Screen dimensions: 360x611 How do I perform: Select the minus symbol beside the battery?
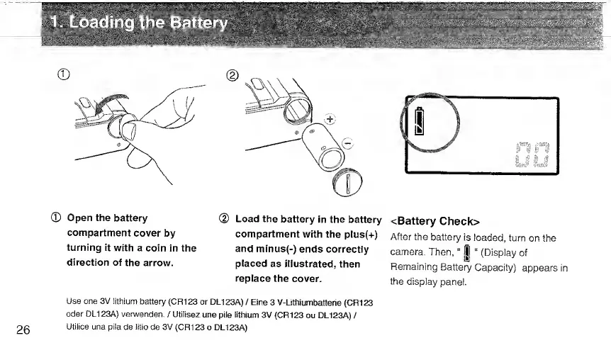pos(348,145)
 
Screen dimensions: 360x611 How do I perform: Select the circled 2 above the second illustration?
pos(234,74)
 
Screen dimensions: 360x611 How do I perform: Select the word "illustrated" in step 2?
pos(309,264)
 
